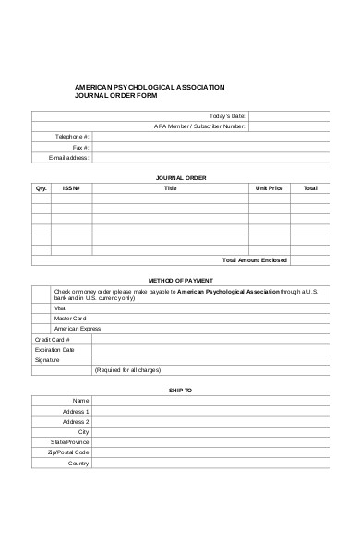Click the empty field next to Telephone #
coord(210,137)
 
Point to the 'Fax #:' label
coord(80,147)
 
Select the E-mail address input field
coord(210,157)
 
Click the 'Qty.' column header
coord(42,187)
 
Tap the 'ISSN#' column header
coord(72,187)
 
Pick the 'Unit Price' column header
coord(269,187)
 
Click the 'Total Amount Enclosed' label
coord(256,259)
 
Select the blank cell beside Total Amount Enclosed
coord(310,259)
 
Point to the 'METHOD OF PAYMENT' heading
coord(181,279)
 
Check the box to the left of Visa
coord(42,307)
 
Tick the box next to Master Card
coord(42,318)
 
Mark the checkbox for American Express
coord(42,328)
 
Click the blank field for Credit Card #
coord(210,339)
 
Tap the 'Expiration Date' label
coord(54,350)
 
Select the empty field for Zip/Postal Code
coord(210,452)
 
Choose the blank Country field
coord(210,463)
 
